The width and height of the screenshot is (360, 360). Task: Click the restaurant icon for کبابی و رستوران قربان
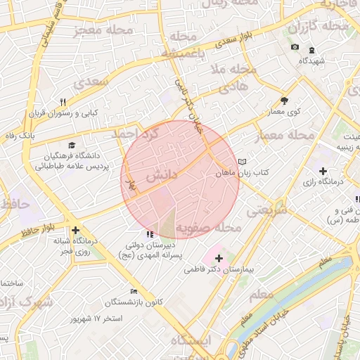tap(63, 102)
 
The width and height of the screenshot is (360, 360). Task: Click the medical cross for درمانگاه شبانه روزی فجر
tap(75, 230)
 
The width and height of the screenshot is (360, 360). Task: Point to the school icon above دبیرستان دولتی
tap(149, 234)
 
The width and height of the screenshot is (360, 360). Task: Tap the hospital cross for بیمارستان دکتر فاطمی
tap(219, 258)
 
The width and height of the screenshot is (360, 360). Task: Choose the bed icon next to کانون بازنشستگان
tap(134, 292)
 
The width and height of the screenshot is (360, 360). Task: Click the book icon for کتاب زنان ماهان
tap(243, 161)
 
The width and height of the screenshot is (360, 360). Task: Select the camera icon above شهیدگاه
tap(295, 48)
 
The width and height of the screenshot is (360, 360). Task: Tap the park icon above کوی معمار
tap(284, 101)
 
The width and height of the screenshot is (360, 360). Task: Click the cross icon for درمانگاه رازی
tap(323, 171)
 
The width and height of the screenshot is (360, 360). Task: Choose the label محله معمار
tap(285, 134)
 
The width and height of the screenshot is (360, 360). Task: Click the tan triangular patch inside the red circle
tap(167, 224)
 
